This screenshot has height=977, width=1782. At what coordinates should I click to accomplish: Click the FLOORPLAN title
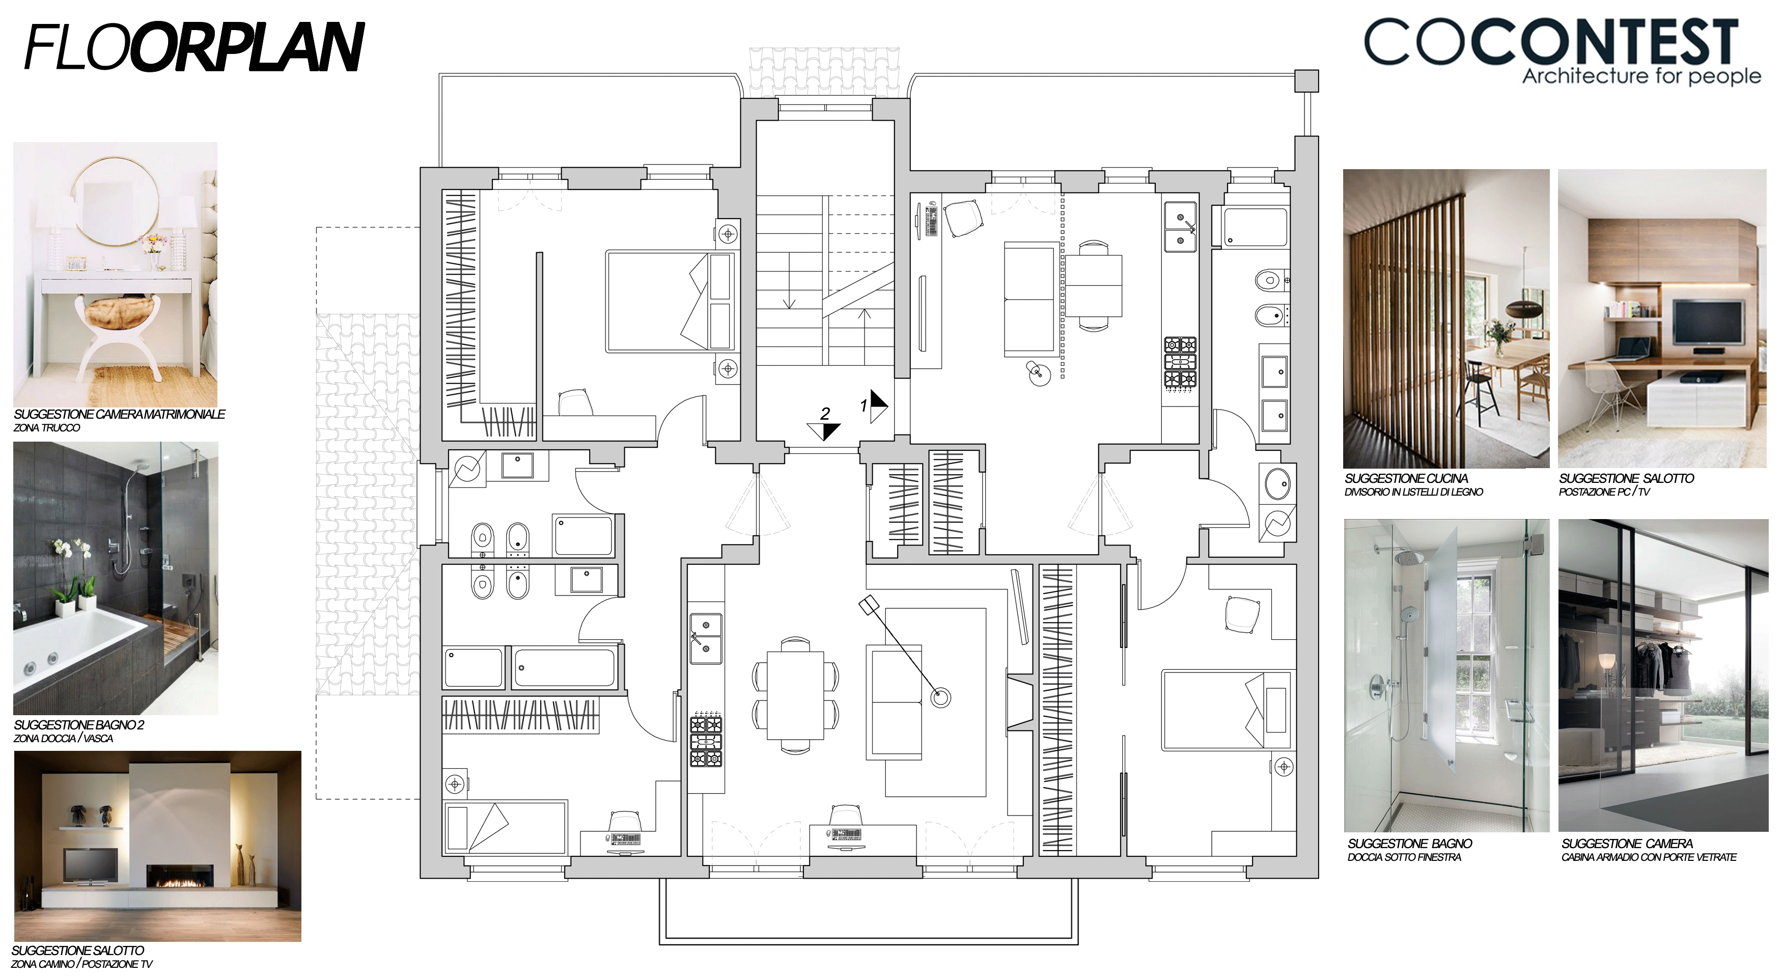[194, 47]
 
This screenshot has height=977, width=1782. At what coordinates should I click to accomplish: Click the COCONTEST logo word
[1551, 42]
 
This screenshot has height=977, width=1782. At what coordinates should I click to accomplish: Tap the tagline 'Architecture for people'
[1641, 76]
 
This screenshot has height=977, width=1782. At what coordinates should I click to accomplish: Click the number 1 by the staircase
[864, 405]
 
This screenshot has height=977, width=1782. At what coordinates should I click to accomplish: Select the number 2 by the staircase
[825, 414]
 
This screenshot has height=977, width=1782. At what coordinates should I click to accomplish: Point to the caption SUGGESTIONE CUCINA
[1406, 478]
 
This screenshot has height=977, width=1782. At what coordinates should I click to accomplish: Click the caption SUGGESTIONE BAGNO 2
[79, 724]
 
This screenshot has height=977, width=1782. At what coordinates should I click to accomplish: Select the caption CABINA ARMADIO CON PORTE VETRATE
[1649, 857]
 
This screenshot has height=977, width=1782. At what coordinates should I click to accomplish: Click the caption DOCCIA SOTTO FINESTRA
[1404, 857]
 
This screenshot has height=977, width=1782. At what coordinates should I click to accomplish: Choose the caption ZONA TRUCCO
[46, 427]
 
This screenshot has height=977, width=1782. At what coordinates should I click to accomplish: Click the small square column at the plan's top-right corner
[1306, 81]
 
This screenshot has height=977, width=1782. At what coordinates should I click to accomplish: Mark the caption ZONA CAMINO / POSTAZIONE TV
[81, 964]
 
